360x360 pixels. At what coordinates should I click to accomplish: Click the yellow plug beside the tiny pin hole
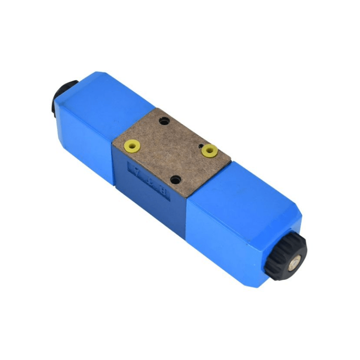[x=209, y=150]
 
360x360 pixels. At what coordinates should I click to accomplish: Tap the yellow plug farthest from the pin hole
[x=132, y=145]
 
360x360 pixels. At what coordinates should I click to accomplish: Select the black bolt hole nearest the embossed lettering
[x=175, y=180]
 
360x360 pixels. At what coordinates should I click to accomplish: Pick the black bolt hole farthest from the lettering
[x=165, y=121]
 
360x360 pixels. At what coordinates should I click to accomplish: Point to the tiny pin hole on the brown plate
[x=199, y=146]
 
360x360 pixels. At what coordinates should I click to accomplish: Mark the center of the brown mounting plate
[x=171, y=150]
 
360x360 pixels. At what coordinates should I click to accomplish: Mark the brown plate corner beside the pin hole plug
[x=231, y=160]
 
